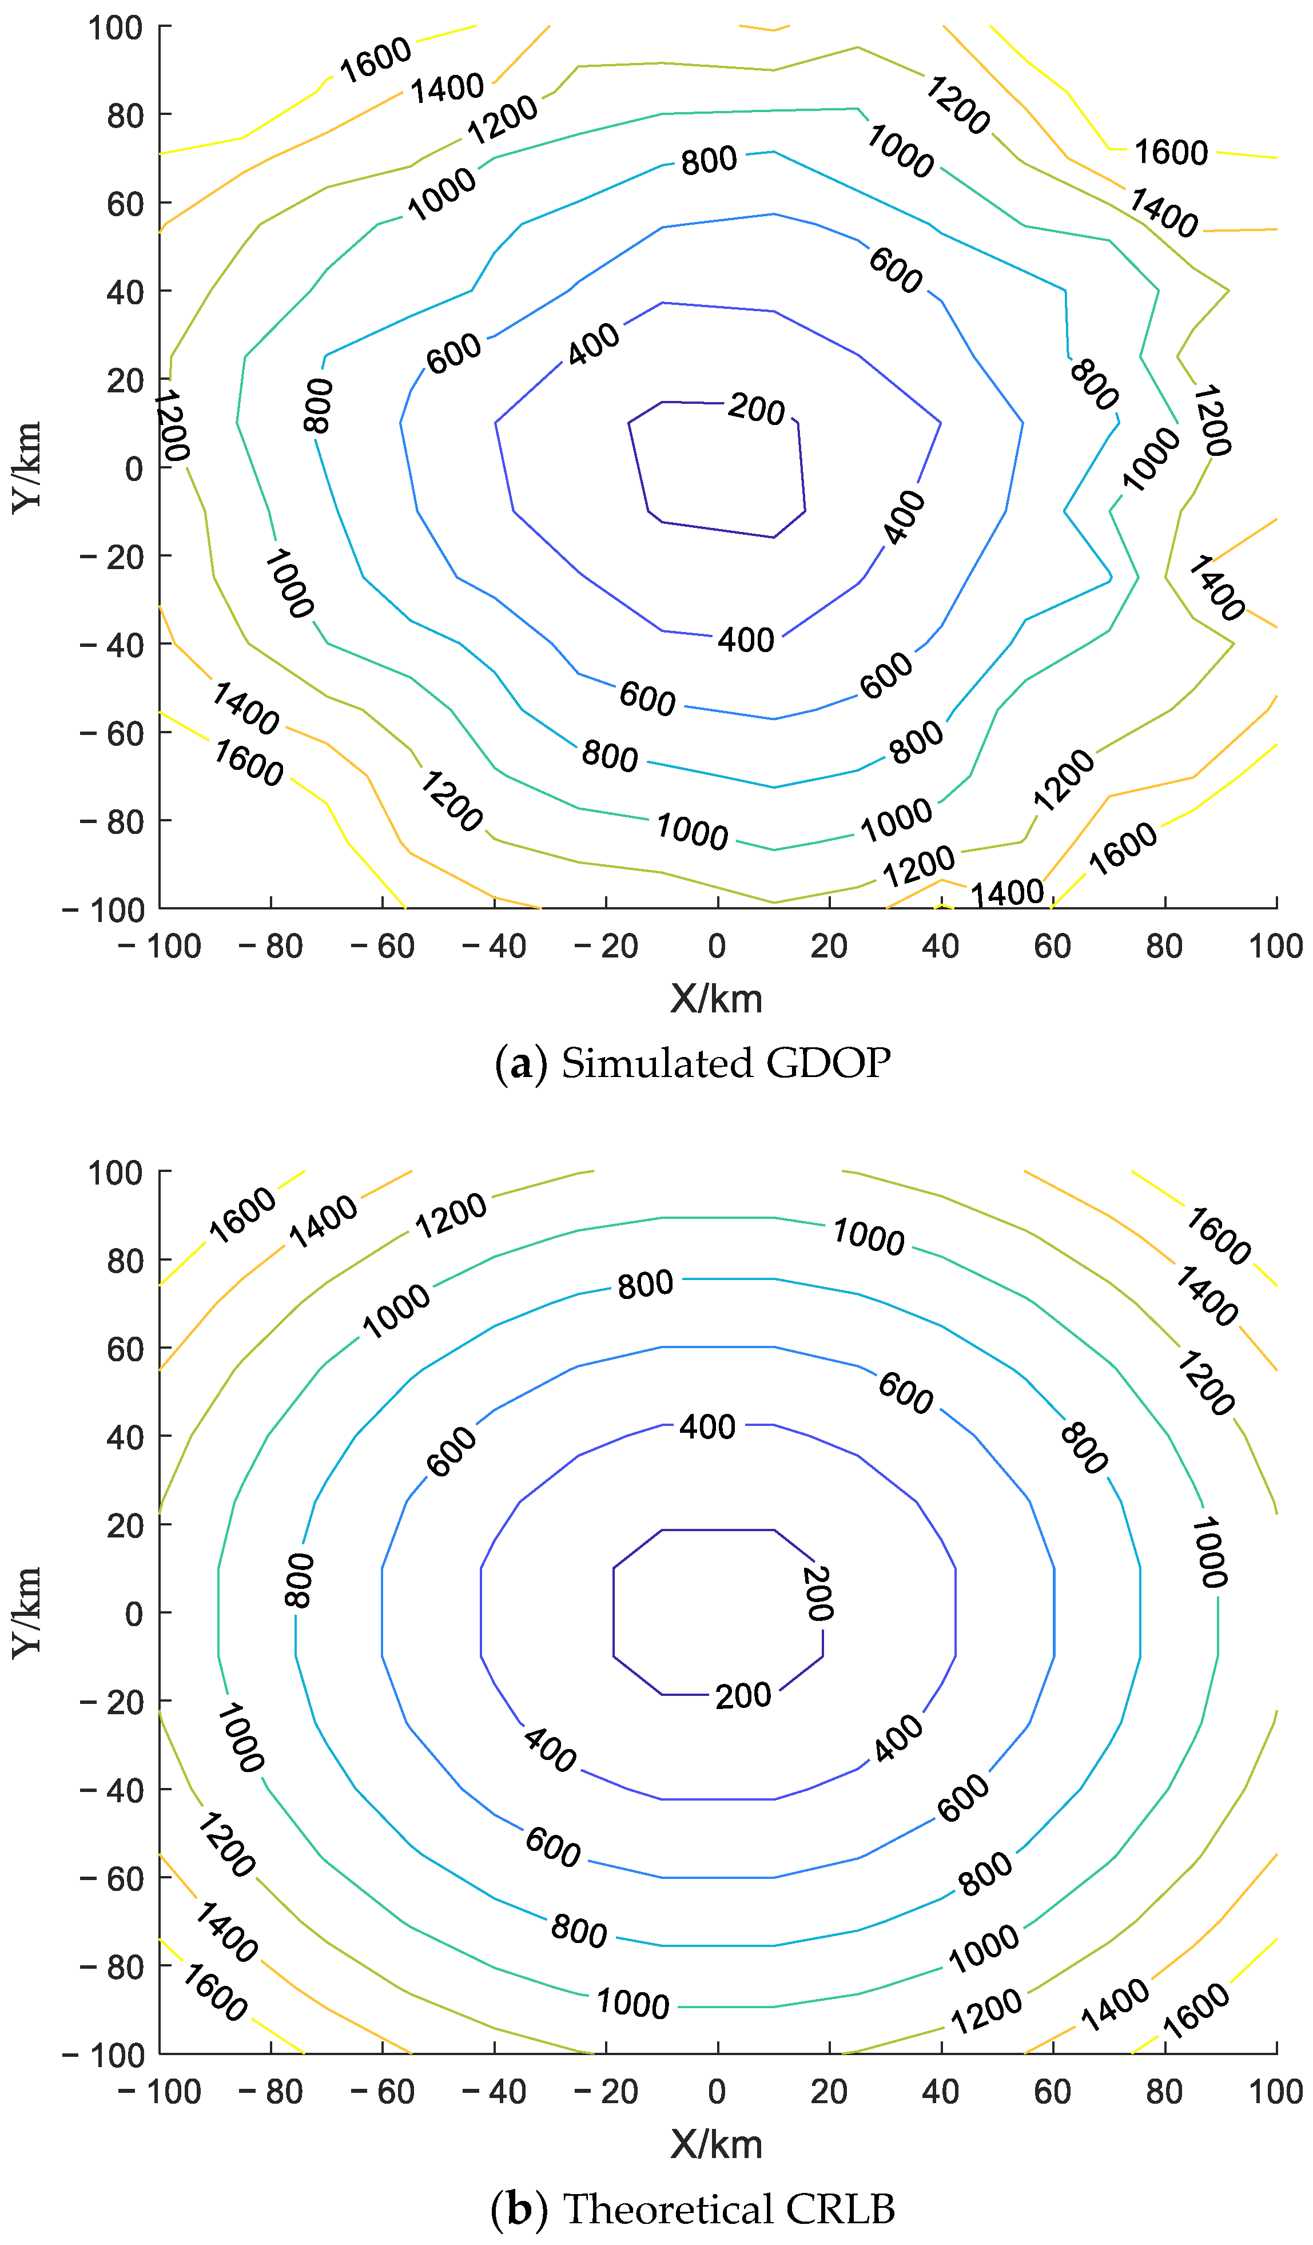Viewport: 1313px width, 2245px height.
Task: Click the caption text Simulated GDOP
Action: [x=725, y=1063]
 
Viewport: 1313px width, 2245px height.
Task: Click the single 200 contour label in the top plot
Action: [x=756, y=409]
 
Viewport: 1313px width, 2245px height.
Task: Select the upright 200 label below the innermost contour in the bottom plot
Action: [x=743, y=1695]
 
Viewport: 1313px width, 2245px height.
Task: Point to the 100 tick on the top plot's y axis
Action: [x=116, y=27]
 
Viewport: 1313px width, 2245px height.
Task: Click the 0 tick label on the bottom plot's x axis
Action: [x=717, y=2091]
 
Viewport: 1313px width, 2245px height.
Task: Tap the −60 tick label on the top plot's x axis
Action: [x=383, y=946]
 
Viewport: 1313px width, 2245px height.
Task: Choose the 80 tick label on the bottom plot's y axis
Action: [x=126, y=1261]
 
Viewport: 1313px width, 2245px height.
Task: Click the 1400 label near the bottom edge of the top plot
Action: [x=1006, y=892]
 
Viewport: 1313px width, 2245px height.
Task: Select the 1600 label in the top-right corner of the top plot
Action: [x=1171, y=152]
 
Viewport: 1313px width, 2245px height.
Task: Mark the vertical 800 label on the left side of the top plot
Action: [x=318, y=406]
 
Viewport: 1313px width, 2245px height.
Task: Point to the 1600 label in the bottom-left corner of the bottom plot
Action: [x=214, y=1994]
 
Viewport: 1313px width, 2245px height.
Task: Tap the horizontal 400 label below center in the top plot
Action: [x=746, y=639]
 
